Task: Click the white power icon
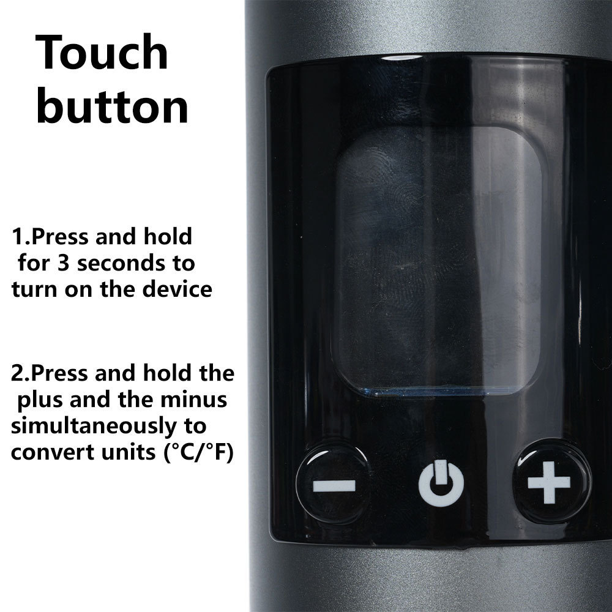(441, 483)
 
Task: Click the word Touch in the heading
(102, 52)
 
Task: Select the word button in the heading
(112, 105)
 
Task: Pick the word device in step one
(177, 289)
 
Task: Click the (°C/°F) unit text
(198, 452)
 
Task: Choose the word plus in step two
(40, 400)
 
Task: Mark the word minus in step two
(194, 400)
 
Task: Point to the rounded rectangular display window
(438, 260)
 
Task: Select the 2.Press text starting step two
(50, 373)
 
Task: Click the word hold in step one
(168, 236)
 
